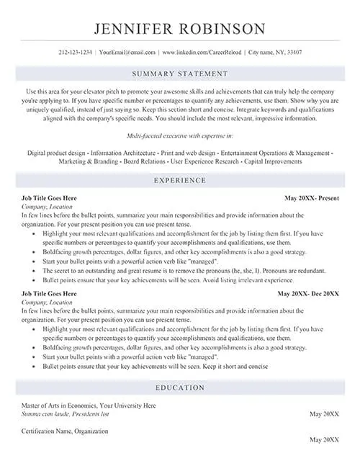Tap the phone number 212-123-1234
75,53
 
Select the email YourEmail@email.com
127,53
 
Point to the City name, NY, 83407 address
276,53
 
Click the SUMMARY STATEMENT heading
180,73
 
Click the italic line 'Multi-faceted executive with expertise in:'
180,135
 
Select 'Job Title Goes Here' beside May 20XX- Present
50,197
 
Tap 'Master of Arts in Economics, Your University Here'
89,405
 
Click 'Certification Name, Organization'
65,431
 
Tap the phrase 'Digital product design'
56,153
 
